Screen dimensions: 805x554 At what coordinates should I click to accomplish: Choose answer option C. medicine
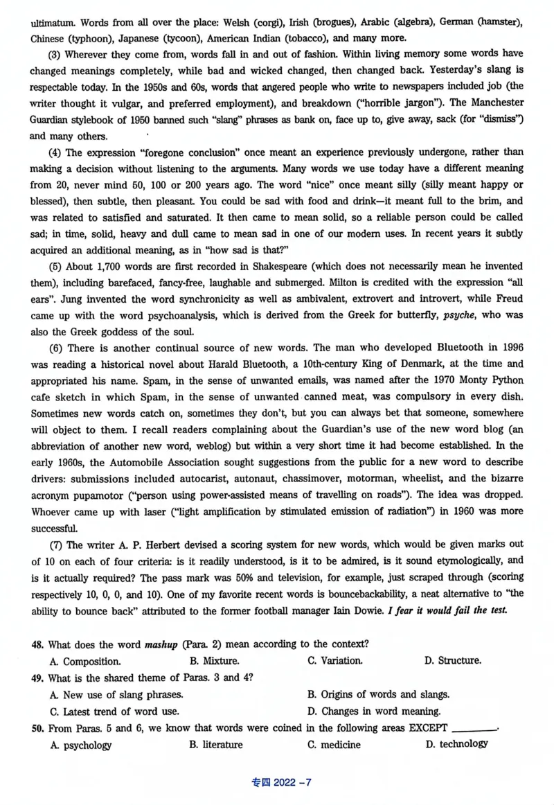point(334,745)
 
